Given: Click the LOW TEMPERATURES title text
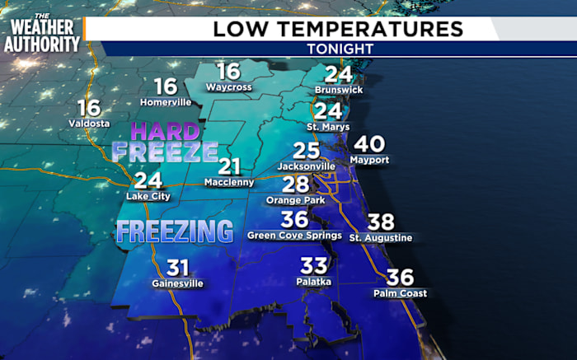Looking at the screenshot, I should pyautogui.click(x=338, y=29).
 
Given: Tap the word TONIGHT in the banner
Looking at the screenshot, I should pyautogui.click(x=340, y=49).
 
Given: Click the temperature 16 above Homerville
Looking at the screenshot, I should pyautogui.click(x=166, y=86).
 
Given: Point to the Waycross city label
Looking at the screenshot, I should pyautogui.click(x=228, y=86).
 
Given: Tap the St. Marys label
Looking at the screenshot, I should pyautogui.click(x=328, y=127).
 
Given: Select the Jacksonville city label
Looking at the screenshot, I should pyautogui.click(x=306, y=166).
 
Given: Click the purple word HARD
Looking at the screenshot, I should pyautogui.click(x=165, y=131).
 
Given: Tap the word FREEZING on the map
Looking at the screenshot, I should pyautogui.click(x=174, y=231).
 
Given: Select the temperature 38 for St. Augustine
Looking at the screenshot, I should pyautogui.click(x=380, y=222).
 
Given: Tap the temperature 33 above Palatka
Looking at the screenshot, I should pyautogui.click(x=314, y=265).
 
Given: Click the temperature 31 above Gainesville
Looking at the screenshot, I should pyautogui.click(x=178, y=268).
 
